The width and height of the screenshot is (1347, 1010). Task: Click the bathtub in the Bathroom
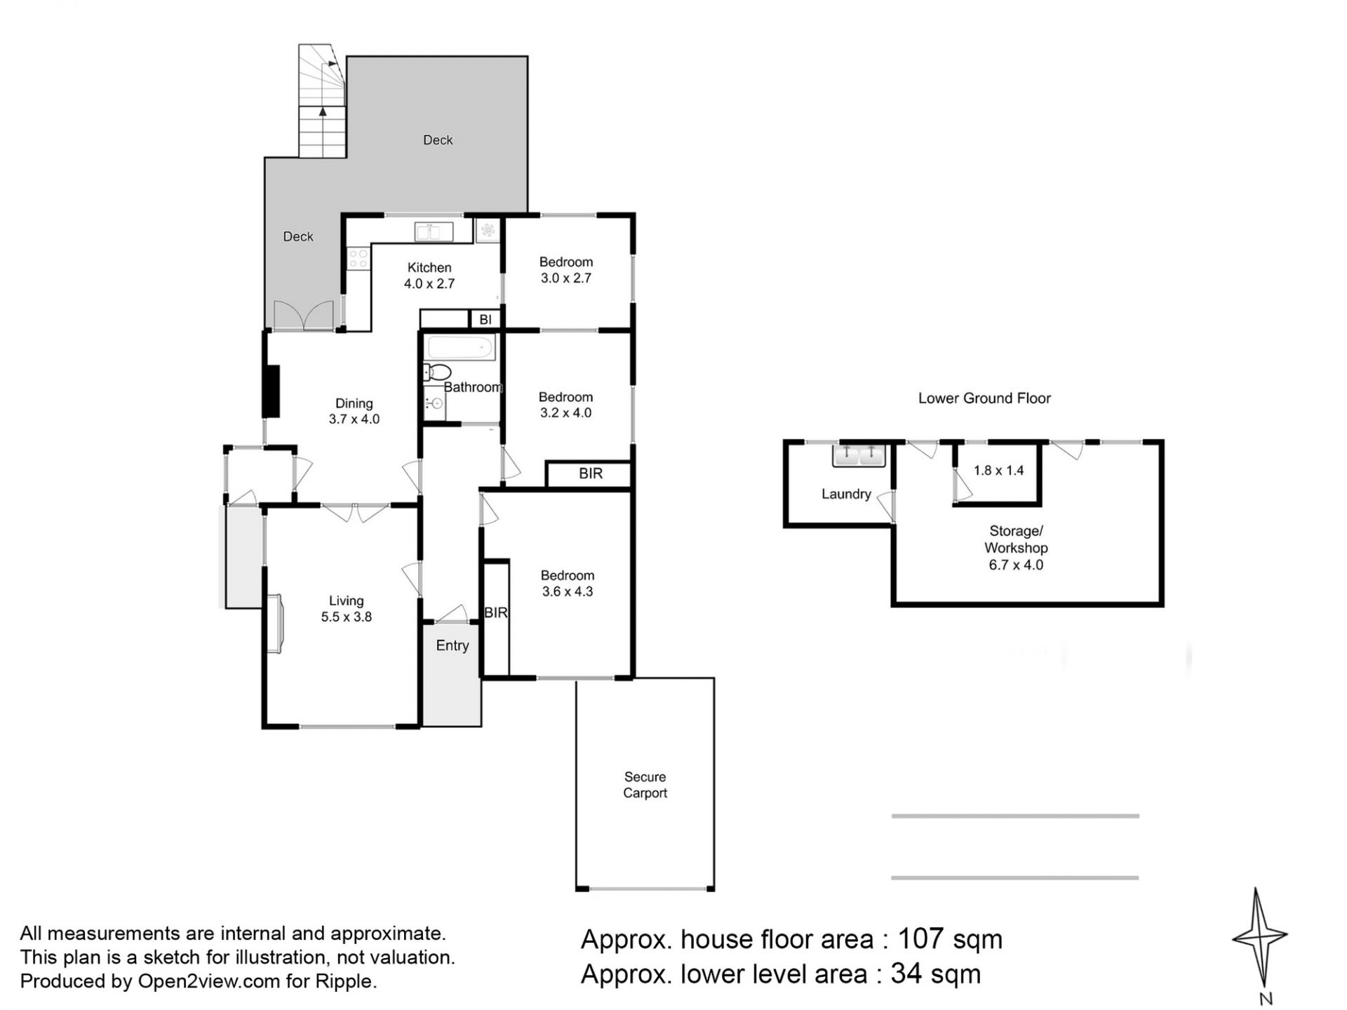[461, 347]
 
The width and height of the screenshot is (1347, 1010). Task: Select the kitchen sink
[434, 231]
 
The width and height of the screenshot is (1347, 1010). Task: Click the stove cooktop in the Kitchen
[358, 259]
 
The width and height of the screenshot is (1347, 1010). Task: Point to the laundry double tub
[859, 455]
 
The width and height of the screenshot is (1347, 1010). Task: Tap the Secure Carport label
[645, 785]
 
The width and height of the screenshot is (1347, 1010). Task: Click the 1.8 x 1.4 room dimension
[998, 471]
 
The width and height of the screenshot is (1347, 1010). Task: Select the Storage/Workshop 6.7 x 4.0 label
[1016, 548]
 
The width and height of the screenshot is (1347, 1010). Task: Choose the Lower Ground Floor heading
[984, 398]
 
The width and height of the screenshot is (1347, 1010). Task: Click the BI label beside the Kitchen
[485, 320]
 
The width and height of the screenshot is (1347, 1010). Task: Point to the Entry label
[452, 645]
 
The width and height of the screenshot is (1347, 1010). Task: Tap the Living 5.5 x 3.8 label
[346, 609]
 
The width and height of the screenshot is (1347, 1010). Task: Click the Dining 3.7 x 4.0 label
[354, 411]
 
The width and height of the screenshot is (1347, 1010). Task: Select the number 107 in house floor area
[922, 938]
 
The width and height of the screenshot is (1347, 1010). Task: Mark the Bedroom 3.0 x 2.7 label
[566, 270]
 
